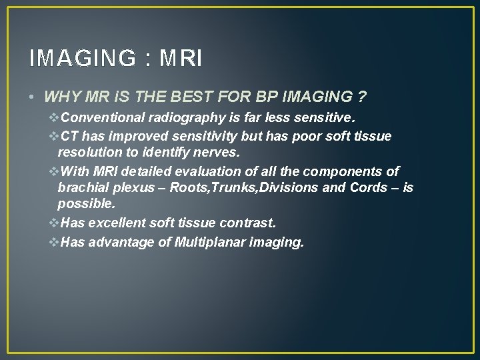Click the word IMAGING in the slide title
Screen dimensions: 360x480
(x=81, y=59)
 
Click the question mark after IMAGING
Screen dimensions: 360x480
(x=361, y=97)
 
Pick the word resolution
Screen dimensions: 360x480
(x=89, y=153)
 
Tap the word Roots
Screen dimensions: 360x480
(x=189, y=188)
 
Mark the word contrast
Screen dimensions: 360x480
(x=250, y=223)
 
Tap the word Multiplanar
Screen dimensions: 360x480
(x=207, y=242)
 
